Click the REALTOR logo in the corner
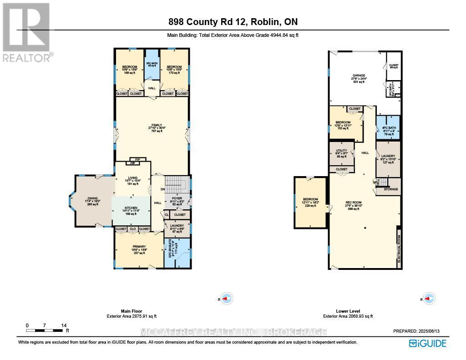tap(26, 32)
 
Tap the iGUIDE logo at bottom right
tap(427, 343)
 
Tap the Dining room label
tap(92, 198)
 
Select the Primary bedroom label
tap(139, 246)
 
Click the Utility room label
tap(341, 151)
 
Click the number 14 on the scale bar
tap(64, 325)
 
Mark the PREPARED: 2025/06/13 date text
tap(419, 332)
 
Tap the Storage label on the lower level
tap(390, 188)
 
